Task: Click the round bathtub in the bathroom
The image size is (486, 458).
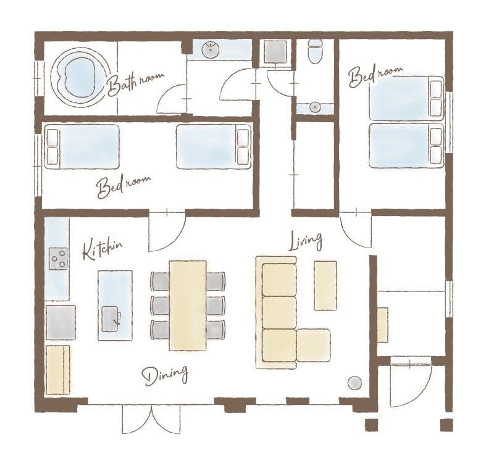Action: [80, 78]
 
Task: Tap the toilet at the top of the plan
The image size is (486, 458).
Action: [315, 51]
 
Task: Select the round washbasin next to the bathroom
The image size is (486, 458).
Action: [211, 50]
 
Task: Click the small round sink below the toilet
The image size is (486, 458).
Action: [315, 107]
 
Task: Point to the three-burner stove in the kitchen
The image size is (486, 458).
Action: [58, 259]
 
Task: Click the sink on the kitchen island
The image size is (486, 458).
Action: [111, 319]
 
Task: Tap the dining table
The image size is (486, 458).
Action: [188, 306]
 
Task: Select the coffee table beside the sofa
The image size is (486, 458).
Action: [325, 285]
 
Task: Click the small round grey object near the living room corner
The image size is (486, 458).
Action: [354, 383]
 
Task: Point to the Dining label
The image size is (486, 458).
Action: [165, 375]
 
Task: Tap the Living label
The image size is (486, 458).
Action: [306, 241]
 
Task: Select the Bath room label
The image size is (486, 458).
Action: [135, 83]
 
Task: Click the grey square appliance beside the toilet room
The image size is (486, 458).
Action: [275, 52]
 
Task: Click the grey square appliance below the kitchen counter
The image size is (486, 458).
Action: [61, 323]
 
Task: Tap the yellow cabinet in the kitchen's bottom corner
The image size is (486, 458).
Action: [58, 370]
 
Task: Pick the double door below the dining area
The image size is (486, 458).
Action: [151, 419]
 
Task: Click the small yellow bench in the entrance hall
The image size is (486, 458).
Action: [383, 325]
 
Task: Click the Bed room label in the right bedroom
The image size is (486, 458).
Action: [375, 75]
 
